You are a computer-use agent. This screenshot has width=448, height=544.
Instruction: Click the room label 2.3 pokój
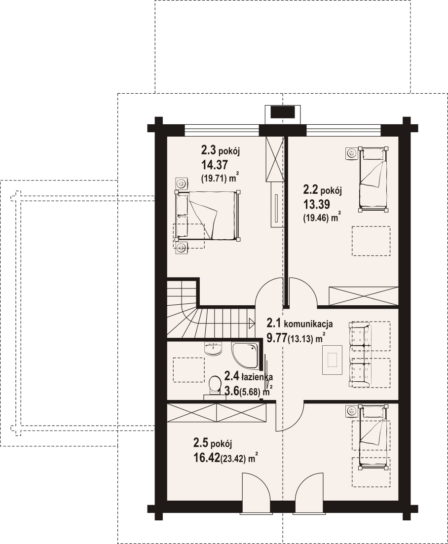click(x=221, y=150)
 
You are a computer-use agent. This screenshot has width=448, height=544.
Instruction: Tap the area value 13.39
click(x=316, y=204)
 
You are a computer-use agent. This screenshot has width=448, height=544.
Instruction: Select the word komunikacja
click(x=308, y=324)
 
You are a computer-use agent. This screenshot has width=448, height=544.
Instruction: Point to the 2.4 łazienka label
click(x=249, y=376)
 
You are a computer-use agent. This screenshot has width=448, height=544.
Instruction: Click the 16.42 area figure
click(x=207, y=458)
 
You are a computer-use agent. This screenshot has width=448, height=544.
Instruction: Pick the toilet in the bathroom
click(x=215, y=386)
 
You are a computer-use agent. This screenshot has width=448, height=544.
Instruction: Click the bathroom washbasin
click(x=214, y=348)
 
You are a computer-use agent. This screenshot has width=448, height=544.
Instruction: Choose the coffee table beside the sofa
click(x=333, y=360)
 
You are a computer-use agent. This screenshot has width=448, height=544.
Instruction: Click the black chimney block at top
click(x=282, y=113)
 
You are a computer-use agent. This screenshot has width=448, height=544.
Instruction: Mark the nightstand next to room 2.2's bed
click(x=351, y=153)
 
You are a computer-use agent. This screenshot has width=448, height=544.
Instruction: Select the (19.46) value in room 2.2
click(x=316, y=218)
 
